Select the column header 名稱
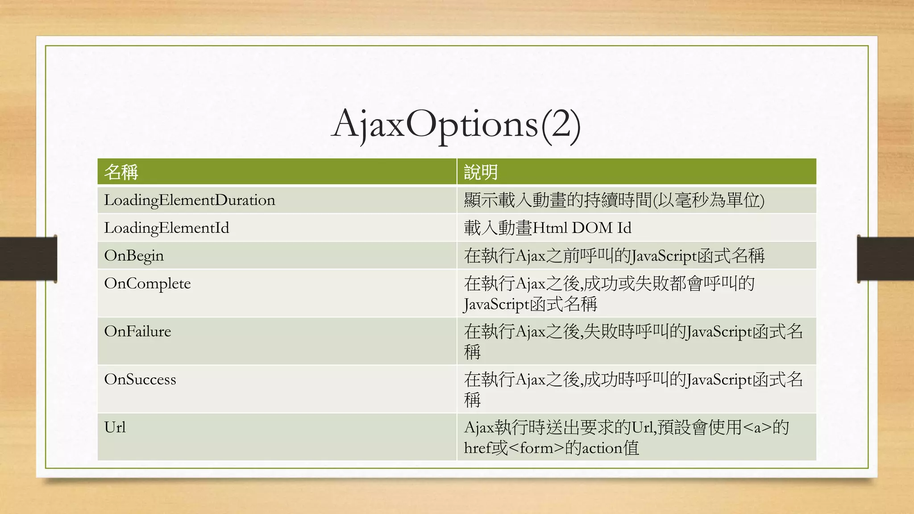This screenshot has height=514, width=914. point(121,172)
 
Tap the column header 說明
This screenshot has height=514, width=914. point(481,172)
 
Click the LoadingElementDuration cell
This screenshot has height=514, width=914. point(190,200)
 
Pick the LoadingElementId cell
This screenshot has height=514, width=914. point(166,228)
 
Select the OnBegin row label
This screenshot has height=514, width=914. point(134,256)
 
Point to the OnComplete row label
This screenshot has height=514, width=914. point(147,283)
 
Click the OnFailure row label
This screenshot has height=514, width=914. point(137,331)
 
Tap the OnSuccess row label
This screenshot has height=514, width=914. point(140,379)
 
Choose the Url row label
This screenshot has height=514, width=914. point(115,427)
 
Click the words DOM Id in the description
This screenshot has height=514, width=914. point(602,228)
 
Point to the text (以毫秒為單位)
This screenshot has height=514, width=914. point(709,200)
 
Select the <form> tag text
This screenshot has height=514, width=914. point(536,448)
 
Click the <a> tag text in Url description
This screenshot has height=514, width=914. point(757,427)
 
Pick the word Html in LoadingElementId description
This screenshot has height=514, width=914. point(550,228)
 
